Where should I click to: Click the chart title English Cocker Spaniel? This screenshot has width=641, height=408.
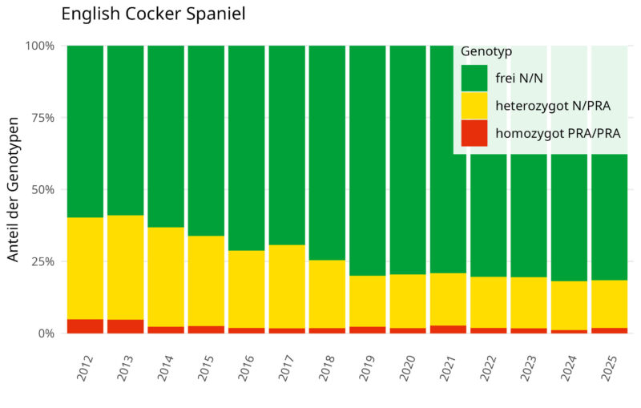click(x=152, y=14)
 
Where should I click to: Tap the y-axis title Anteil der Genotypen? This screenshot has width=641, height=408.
click(x=14, y=189)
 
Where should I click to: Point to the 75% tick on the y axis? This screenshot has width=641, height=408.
click(x=38, y=118)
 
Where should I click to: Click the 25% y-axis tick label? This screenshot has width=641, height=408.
click(x=38, y=261)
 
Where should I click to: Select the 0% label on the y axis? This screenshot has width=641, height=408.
click(x=42, y=333)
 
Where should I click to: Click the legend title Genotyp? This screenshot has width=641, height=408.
click(x=486, y=51)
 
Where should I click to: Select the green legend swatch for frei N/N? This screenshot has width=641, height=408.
click(x=474, y=79)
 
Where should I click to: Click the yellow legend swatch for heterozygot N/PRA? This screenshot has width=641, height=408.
click(x=474, y=106)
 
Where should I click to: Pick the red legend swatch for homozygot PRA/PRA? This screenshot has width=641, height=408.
click(x=474, y=133)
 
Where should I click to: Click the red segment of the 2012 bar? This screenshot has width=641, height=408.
click(x=85, y=326)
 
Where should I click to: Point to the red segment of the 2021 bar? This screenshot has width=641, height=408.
click(x=448, y=329)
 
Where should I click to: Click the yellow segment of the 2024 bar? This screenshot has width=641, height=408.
click(x=568, y=305)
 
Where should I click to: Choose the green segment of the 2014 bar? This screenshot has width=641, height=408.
click(x=166, y=136)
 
